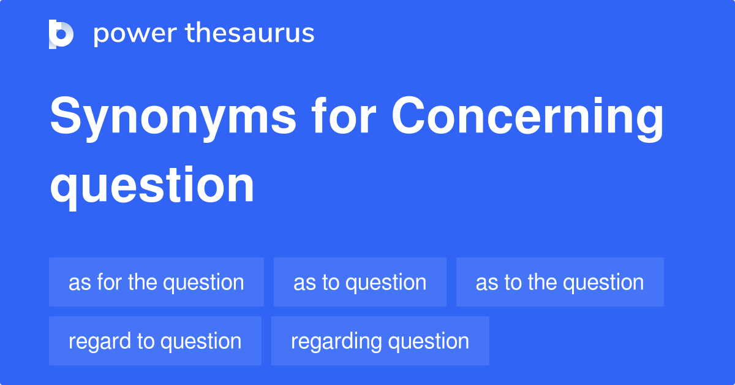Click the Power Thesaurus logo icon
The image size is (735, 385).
(x=61, y=34)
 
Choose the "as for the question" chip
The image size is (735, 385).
(x=156, y=282)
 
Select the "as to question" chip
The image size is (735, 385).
(x=360, y=282)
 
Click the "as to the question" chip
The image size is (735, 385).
(x=560, y=282)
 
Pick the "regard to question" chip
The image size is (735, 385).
(x=155, y=341)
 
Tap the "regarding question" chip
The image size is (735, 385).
(x=380, y=341)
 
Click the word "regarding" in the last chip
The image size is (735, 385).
(x=333, y=341)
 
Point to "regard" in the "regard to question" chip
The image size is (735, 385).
(x=97, y=341)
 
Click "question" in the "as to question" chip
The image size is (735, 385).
(x=386, y=283)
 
